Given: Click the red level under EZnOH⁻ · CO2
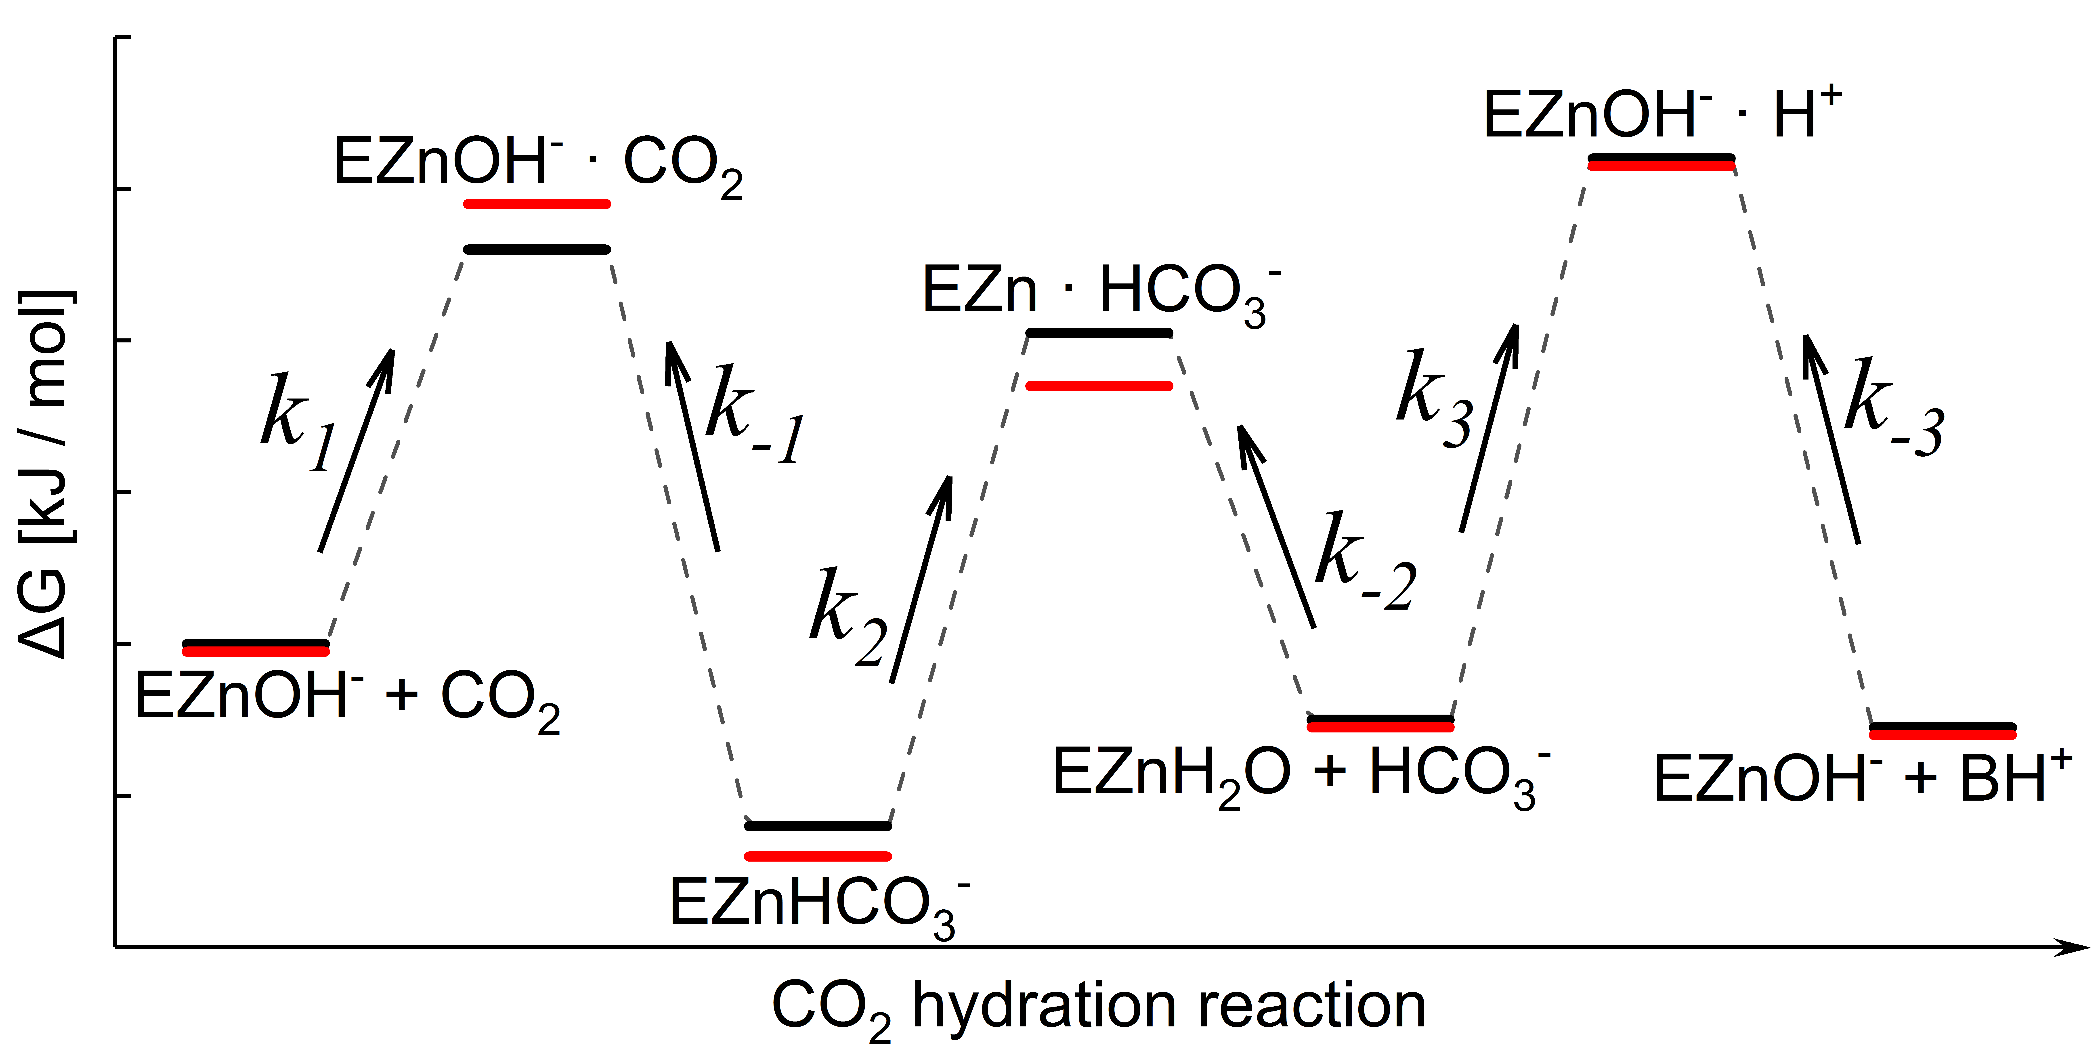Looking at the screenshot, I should pyautogui.click(x=536, y=204).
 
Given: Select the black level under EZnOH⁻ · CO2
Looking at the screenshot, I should pyautogui.click(x=536, y=250).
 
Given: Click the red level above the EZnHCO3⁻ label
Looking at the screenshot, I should pyautogui.click(x=818, y=856).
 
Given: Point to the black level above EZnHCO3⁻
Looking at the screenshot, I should pyautogui.click(x=818, y=826).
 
